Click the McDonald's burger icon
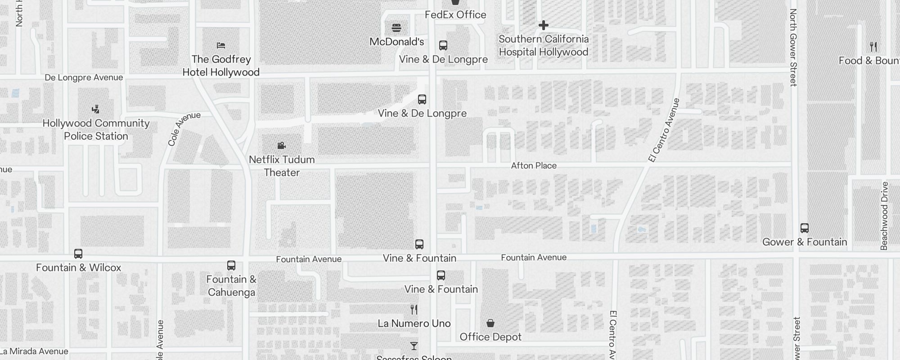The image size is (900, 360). pos(396,28)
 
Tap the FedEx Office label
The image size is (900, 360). pos(455,15)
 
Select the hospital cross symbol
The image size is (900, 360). pos(544,25)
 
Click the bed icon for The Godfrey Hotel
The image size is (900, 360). pos(221,45)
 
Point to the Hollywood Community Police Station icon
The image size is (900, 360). pos(95,109)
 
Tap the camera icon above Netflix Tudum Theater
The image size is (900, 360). pos(282,145)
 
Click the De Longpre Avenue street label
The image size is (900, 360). pos(84,77)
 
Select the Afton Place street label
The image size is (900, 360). pos(534,166)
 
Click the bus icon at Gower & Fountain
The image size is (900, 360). pos(805,228)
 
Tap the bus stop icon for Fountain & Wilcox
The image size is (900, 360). pos(78,254)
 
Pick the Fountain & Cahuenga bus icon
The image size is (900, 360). pos(231,265)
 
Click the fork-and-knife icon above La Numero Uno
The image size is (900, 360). pos(414,310)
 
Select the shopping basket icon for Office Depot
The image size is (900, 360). pos(490,323)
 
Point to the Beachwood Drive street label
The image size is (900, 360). pos(884,216)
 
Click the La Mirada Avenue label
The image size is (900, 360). pos(35,351)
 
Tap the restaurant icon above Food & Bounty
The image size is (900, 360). pos(873,47)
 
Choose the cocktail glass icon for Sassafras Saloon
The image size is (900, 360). pos(414,346)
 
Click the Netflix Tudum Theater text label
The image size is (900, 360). pos(282,166)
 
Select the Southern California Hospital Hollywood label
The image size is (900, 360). pos(544,45)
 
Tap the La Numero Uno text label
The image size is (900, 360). pos(414,324)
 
